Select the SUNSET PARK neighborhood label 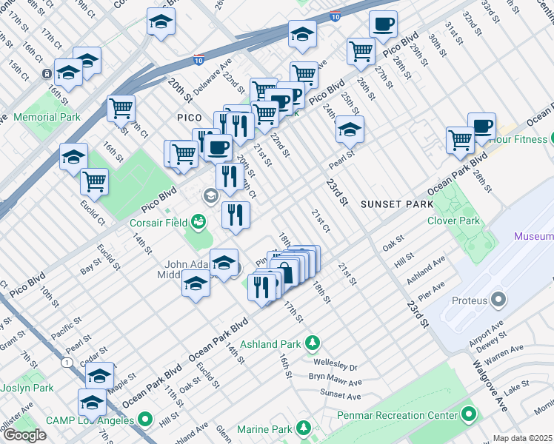[x=391, y=203]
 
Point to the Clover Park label [x=453, y=221]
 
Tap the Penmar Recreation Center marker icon [x=467, y=413]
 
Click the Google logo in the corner [x=24, y=435]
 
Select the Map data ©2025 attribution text [x=522, y=438]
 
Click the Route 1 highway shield [x=67, y=362]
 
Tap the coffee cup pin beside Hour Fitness [x=481, y=127]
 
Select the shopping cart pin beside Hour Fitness [x=460, y=138]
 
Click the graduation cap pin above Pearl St [x=350, y=129]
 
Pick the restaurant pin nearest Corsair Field [x=236, y=215]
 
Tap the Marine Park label [x=264, y=429]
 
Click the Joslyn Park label [x=27, y=388]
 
